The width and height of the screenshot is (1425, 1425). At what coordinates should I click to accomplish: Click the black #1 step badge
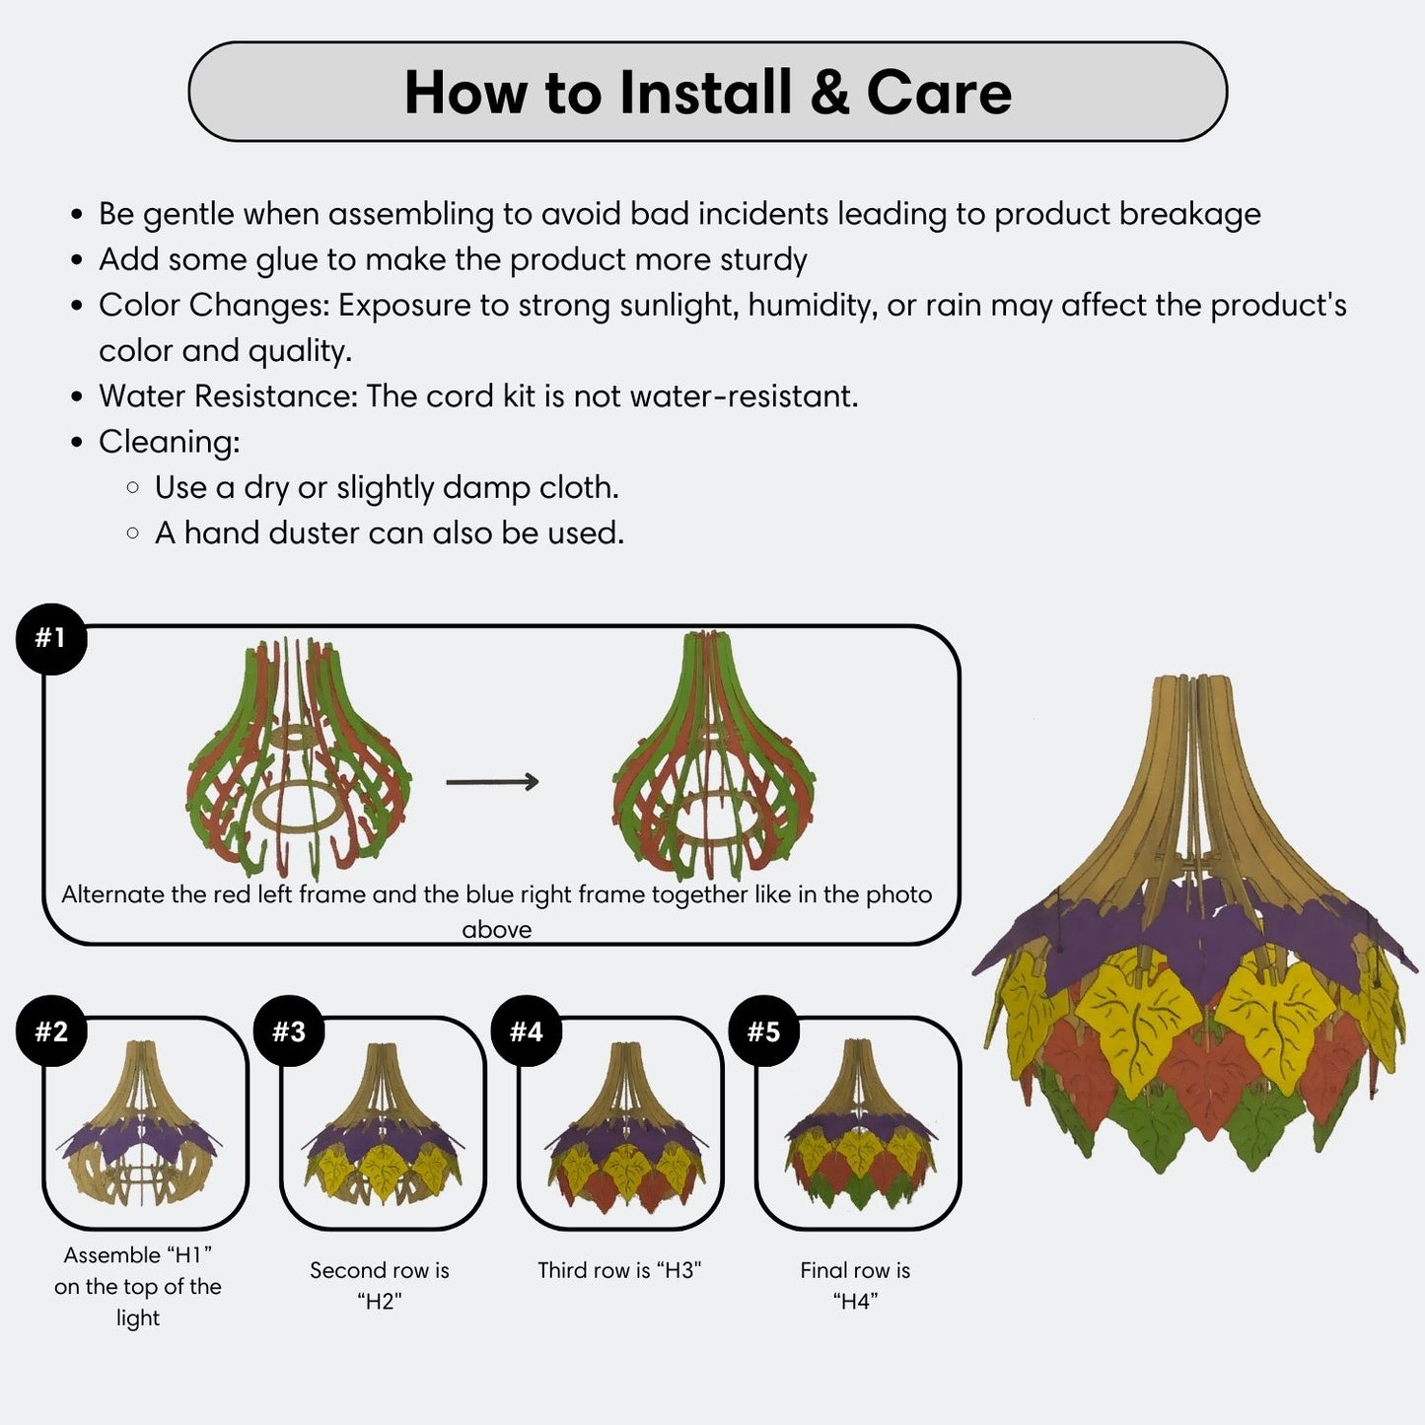(x=51, y=638)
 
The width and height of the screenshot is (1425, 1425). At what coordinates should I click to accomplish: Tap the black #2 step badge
(x=51, y=1031)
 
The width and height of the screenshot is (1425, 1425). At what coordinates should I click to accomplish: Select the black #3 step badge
(x=289, y=1031)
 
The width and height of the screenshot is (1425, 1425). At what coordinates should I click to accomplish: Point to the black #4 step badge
(x=527, y=1031)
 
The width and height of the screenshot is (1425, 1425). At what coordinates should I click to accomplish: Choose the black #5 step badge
(x=764, y=1031)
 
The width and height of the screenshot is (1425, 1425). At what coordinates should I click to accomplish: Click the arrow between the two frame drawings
(x=492, y=782)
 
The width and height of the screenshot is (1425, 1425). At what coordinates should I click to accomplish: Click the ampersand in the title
(x=829, y=93)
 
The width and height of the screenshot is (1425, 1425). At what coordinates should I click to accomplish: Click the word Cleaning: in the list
(x=170, y=442)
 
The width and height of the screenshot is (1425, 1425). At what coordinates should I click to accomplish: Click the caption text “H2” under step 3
(x=380, y=1301)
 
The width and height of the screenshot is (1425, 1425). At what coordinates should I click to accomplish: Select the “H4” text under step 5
(x=856, y=1301)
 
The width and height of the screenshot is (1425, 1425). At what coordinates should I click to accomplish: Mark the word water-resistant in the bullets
(x=744, y=396)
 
